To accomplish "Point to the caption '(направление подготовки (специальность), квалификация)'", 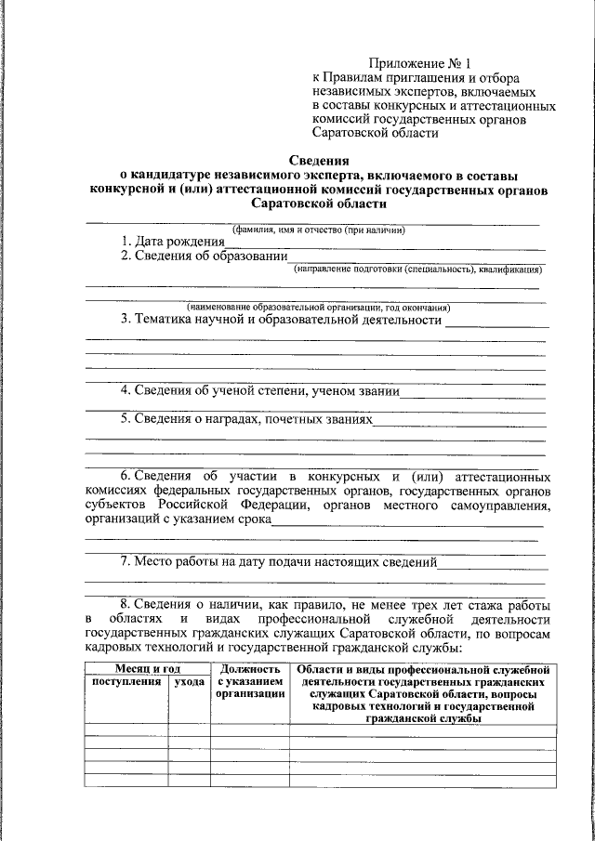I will click(418, 269).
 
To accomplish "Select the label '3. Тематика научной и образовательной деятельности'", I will click(281, 320).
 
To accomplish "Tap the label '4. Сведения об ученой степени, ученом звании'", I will click(260, 391).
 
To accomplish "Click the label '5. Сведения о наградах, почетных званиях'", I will click(246, 419).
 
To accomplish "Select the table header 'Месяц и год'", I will click(147, 668).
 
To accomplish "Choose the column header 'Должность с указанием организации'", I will click(249, 681).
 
